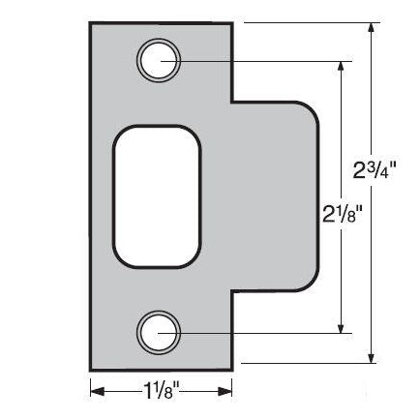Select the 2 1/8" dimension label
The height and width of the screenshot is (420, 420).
coord(344,211)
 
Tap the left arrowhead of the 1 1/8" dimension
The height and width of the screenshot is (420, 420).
coord(97,391)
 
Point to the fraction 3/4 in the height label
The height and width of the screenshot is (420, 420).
coord(397,166)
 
